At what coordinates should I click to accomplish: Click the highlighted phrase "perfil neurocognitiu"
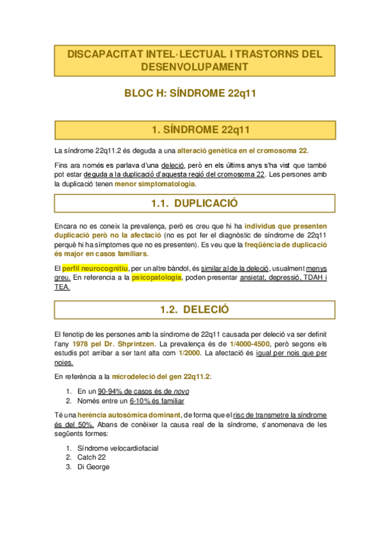95,267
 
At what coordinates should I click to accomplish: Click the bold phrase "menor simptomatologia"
155,184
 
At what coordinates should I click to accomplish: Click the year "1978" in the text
81,343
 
